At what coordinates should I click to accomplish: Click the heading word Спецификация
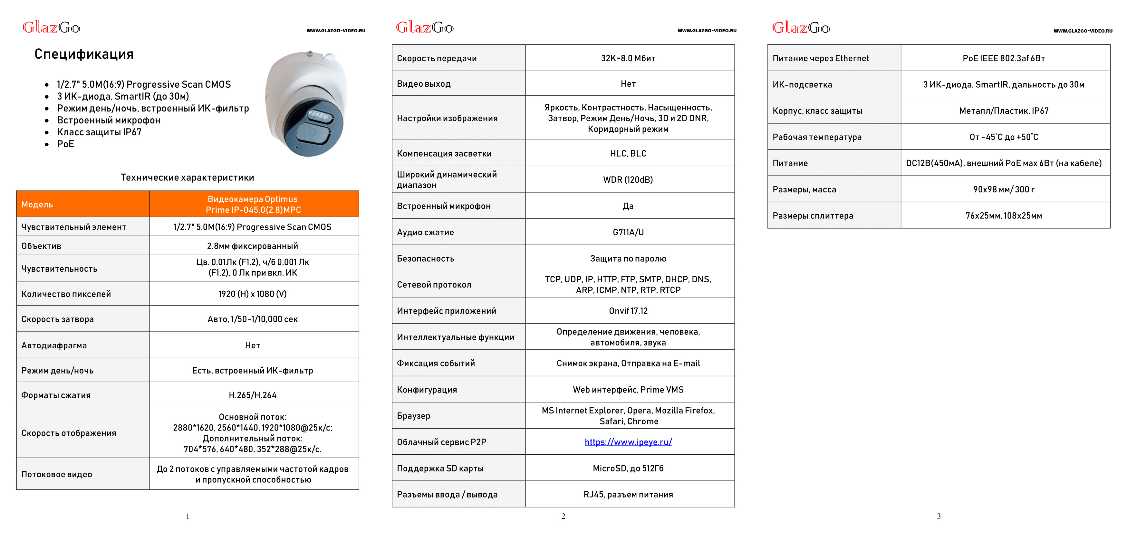click(84, 54)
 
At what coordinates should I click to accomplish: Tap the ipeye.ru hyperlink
click(628, 442)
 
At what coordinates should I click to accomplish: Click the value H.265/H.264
click(253, 395)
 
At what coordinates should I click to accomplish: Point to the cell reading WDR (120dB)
click(628, 180)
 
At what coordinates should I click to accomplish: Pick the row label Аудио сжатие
click(425, 232)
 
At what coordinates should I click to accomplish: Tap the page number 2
click(563, 516)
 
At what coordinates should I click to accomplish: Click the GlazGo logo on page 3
click(801, 28)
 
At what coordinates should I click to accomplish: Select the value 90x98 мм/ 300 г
click(1004, 189)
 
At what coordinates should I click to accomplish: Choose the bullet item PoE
click(66, 144)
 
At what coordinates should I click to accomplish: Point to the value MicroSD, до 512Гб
click(628, 468)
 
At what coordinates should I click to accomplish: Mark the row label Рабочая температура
click(817, 137)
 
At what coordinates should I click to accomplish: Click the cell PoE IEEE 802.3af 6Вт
click(1004, 58)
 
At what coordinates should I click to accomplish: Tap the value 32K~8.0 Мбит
click(628, 58)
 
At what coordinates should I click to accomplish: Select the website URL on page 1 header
click(336, 31)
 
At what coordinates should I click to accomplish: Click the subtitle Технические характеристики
click(187, 177)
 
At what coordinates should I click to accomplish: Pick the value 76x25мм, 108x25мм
click(1004, 216)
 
